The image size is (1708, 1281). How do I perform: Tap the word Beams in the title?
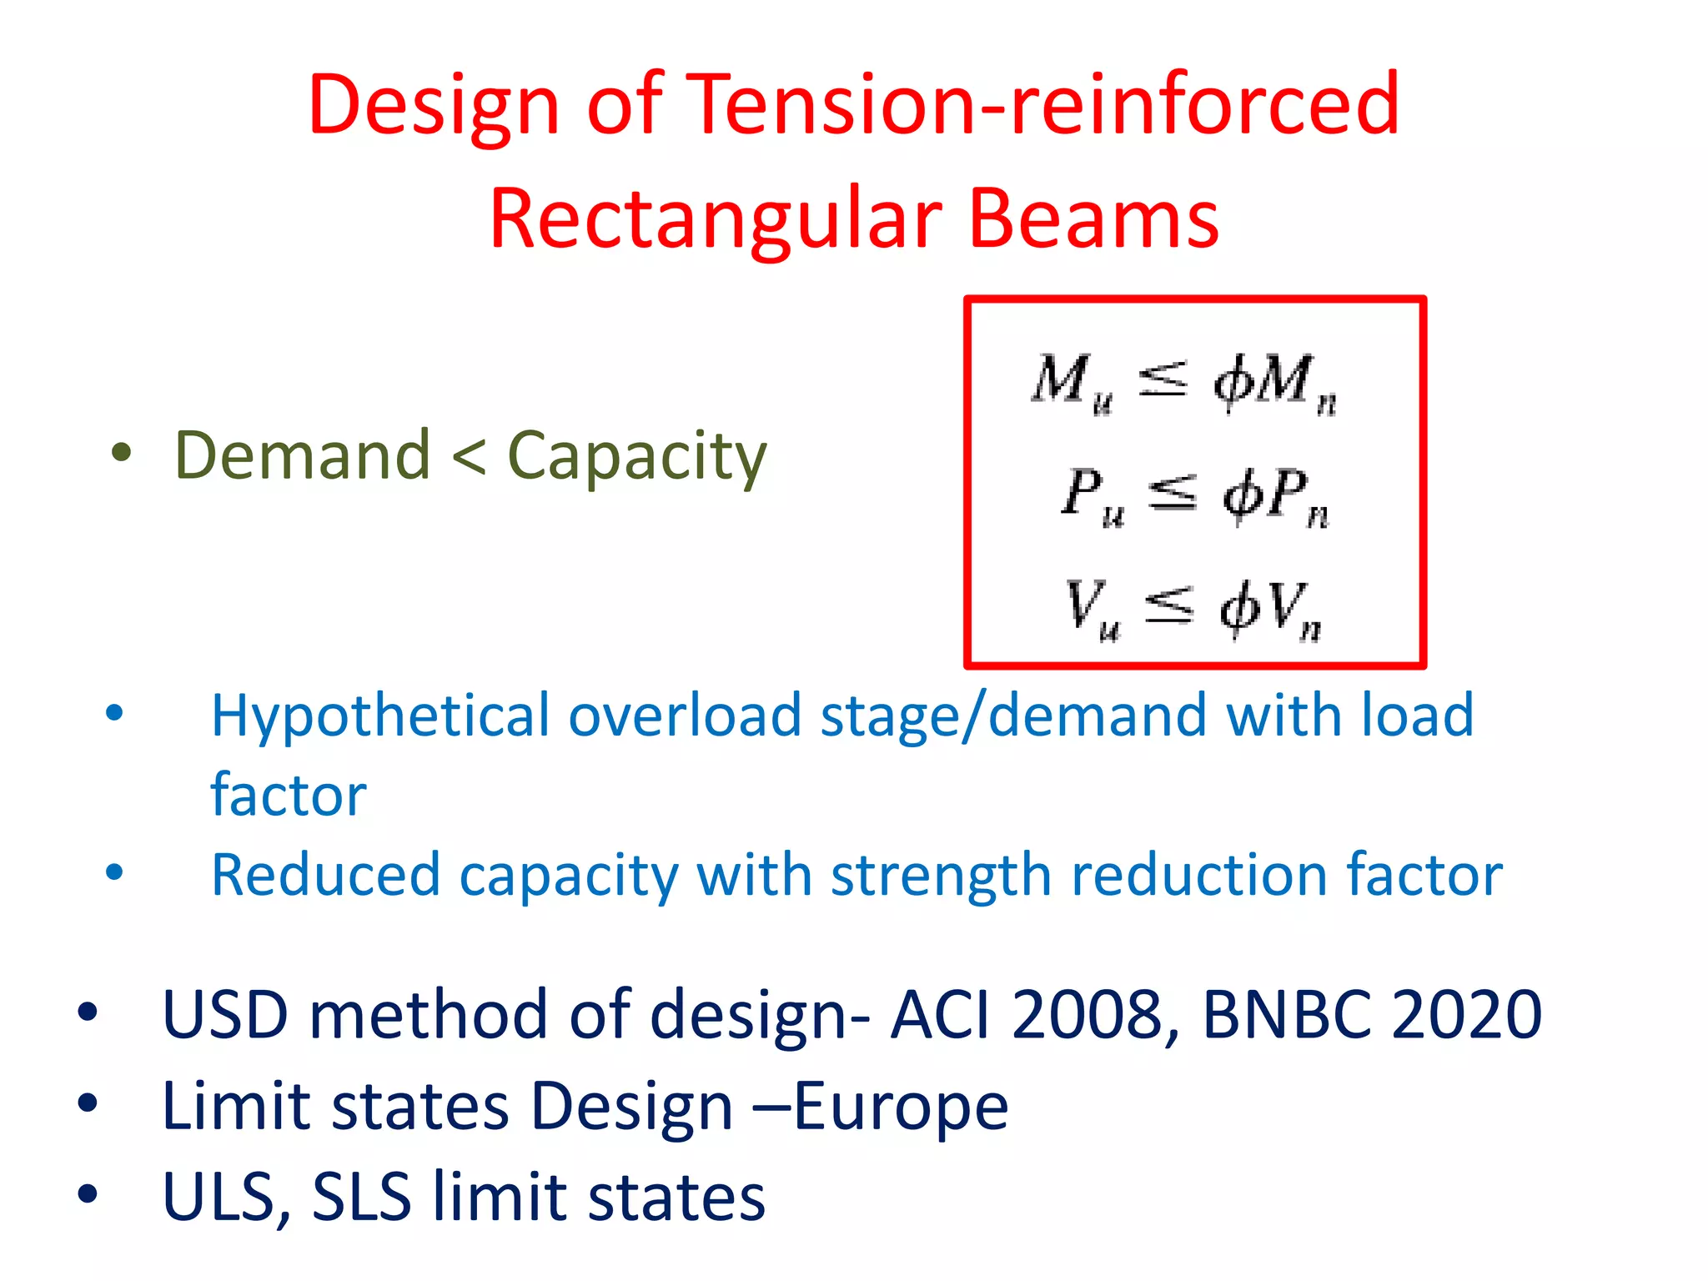tap(1093, 219)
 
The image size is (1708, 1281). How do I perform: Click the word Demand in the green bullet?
tap(302, 455)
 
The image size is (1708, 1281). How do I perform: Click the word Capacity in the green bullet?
tap(636, 457)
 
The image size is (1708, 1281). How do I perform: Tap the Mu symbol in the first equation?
tap(1073, 382)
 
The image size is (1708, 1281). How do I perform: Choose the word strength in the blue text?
tap(941, 876)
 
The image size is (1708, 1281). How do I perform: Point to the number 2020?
tap(1467, 1014)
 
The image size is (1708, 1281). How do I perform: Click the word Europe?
tap(901, 1108)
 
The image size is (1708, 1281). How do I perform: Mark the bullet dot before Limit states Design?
tap(88, 1104)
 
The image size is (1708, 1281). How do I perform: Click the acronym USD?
tap(225, 1014)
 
